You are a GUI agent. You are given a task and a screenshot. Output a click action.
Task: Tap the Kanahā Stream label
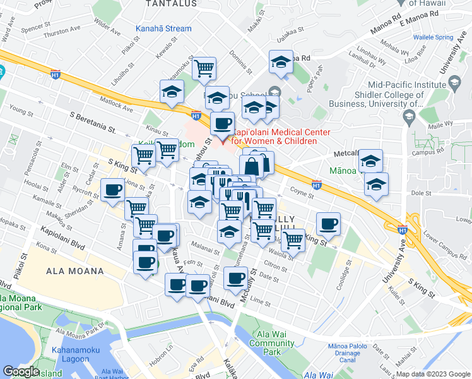(163, 28)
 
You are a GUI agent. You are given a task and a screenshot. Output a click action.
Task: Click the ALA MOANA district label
(74, 271)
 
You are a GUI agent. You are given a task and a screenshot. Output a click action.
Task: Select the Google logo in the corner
(21, 371)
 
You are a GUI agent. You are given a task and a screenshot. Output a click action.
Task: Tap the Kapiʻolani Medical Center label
(274, 136)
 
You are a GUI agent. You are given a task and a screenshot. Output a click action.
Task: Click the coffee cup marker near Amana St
(113, 189)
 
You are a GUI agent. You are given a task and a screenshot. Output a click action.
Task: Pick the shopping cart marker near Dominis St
(204, 68)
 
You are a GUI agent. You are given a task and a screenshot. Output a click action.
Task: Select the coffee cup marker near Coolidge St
(329, 223)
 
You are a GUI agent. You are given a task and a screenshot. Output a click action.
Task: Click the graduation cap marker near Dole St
(376, 185)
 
